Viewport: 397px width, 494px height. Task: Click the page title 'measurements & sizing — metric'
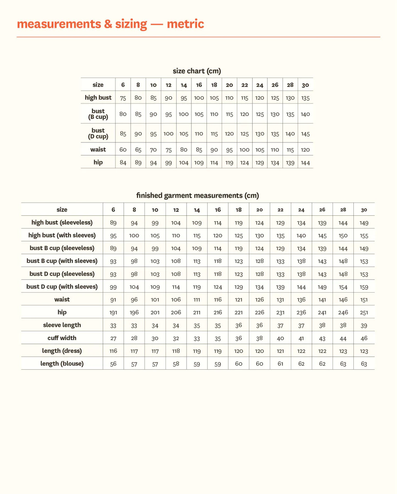coord(110,24)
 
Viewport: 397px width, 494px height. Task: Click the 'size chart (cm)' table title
coord(197,71)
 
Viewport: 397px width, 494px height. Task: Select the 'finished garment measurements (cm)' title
coord(198,195)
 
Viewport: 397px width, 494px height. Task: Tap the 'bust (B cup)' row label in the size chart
coord(98,114)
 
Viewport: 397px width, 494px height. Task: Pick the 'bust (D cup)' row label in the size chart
coord(98,134)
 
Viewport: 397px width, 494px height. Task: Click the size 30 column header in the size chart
coord(305,85)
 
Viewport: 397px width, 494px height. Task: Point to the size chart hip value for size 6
coord(123,162)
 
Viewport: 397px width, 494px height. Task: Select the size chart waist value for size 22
coord(245,150)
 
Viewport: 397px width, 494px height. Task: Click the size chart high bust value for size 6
coord(123,98)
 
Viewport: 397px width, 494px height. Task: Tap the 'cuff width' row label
coord(62,338)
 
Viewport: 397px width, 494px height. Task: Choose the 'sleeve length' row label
coord(62,325)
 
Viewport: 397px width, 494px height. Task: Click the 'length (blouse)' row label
coord(62,364)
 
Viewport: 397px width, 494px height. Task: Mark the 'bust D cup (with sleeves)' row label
coord(62,287)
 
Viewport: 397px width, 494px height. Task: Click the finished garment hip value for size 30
coord(364,313)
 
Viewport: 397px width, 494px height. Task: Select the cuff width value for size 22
coord(280,338)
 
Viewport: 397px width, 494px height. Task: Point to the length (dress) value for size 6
coord(113,351)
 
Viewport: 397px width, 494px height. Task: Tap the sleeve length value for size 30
coord(364,325)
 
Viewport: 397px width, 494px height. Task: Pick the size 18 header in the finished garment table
coord(239,210)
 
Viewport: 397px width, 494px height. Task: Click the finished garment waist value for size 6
coord(113,300)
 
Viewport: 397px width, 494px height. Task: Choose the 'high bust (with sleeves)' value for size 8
coord(134,235)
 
